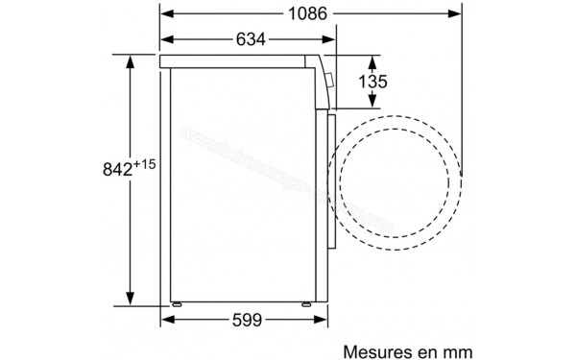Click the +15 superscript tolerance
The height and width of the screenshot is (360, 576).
coord(144,163)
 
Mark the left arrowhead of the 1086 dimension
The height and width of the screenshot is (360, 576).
coord(165,14)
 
